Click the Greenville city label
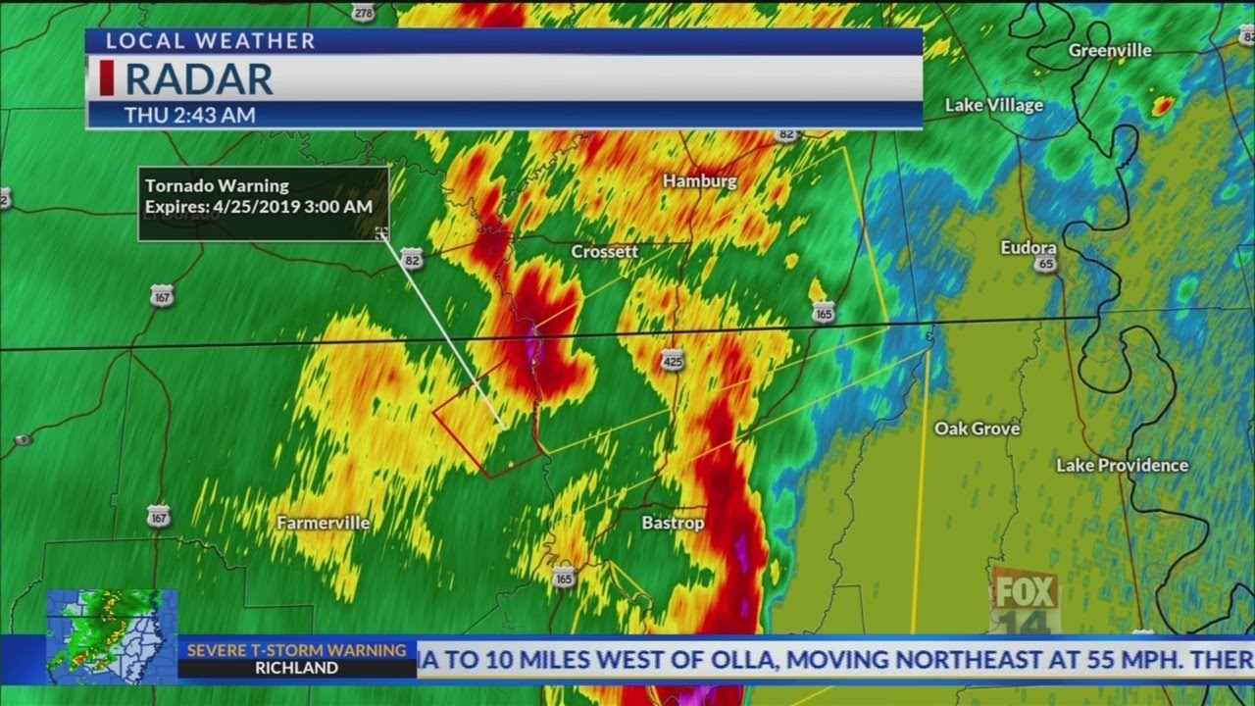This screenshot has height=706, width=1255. tap(1110, 50)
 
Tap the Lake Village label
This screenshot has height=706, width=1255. tap(993, 105)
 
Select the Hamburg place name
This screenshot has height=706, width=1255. tap(699, 180)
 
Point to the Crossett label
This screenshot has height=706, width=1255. tap(605, 251)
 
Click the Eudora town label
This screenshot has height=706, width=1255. tap(1029, 248)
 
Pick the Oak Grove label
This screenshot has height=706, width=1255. tap(977, 429)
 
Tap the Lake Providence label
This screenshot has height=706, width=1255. tap(1122, 465)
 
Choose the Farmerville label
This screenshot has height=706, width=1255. tap(323, 523)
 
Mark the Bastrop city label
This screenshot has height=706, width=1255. tap(673, 523)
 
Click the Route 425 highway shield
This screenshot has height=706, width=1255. tap(672, 360)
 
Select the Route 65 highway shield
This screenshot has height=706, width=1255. tap(1046, 264)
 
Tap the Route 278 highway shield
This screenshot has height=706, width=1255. tap(364, 11)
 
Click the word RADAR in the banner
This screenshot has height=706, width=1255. tap(199, 78)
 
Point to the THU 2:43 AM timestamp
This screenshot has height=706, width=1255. tap(189, 115)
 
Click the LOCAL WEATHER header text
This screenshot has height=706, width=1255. tap(210, 40)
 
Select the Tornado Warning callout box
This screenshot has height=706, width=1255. tap(264, 203)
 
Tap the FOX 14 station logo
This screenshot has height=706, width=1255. tap(1026, 600)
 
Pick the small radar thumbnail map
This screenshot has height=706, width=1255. tap(112, 634)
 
